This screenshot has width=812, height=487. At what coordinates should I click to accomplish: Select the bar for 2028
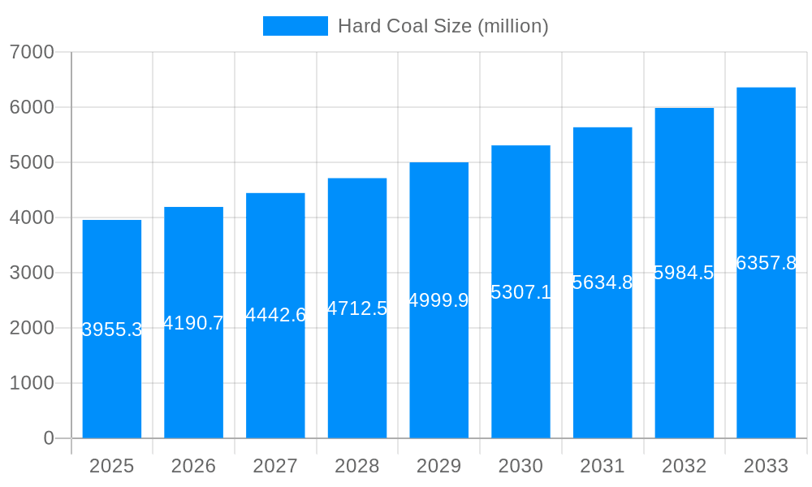click(x=357, y=373)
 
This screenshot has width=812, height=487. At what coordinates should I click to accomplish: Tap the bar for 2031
click(x=603, y=365)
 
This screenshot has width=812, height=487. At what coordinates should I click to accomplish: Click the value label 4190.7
click(x=193, y=323)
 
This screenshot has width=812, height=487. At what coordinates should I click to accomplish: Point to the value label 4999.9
click(x=438, y=300)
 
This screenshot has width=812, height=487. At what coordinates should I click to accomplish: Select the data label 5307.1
click(x=520, y=292)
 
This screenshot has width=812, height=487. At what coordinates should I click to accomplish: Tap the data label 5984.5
click(x=684, y=273)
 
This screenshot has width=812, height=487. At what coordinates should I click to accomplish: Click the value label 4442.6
click(x=275, y=315)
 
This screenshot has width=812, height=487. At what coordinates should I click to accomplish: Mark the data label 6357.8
click(x=766, y=263)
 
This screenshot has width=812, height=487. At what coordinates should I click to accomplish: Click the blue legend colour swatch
click(x=295, y=26)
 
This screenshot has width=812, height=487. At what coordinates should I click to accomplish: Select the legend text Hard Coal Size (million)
click(x=443, y=26)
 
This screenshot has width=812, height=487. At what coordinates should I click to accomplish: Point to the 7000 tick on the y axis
click(x=32, y=52)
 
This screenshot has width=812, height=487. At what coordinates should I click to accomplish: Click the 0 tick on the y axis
click(x=49, y=438)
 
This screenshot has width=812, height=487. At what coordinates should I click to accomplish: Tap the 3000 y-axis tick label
click(x=32, y=273)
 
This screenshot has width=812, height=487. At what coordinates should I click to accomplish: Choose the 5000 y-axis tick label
click(x=32, y=162)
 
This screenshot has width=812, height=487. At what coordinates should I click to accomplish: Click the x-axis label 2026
click(x=193, y=466)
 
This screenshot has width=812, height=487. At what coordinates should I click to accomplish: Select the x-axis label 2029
click(x=438, y=466)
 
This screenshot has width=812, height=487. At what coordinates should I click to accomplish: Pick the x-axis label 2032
click(x=684, y=466)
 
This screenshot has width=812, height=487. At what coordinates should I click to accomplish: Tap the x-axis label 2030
click(x=520, y=466)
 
